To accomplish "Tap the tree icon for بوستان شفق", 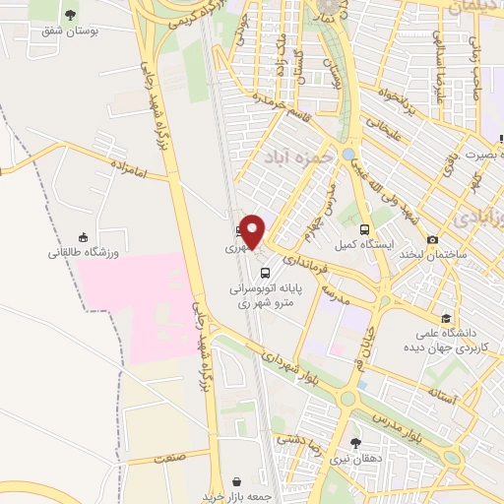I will point(70,16).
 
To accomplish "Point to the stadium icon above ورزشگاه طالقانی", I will point(84,237).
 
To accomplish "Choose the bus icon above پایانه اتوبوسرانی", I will point(264,273).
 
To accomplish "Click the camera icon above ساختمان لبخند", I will point(433,239).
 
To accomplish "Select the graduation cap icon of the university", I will point(447,318).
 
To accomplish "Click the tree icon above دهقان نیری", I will point(355,442).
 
